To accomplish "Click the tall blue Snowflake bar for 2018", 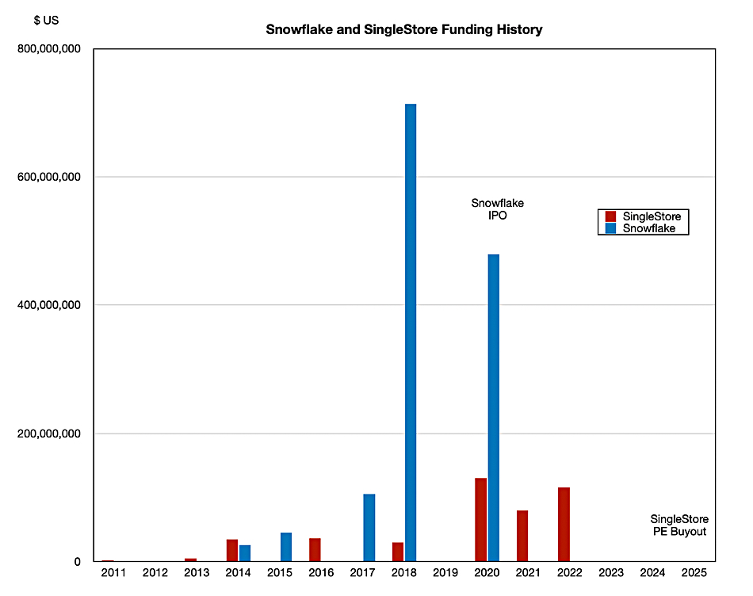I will [411, 333].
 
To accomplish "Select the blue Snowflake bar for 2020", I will [493, 407].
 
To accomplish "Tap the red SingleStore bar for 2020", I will [480, 520].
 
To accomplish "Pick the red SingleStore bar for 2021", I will [522, 536].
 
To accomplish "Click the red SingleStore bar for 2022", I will [564, 525].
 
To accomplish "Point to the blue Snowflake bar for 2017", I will [369, 528].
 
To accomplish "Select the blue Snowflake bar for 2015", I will [286, 547].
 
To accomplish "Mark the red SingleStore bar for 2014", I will [232, 550].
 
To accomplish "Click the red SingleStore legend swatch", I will [611, 216].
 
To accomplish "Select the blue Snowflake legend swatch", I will [611, 228].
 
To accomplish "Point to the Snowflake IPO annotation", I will [497, 209].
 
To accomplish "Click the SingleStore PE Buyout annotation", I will [679, 525].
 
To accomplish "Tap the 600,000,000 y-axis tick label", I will [49, 178].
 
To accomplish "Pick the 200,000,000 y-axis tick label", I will [49, 434].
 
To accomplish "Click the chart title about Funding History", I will [404, 30].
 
